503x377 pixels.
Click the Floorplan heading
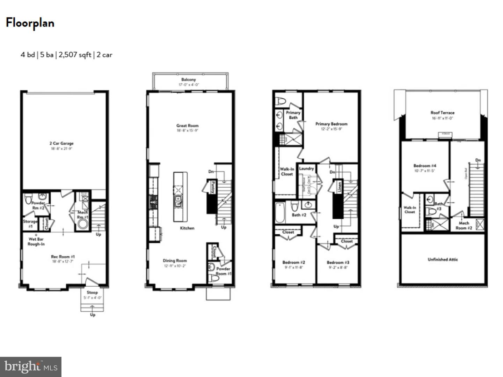pyautogui.click(x=30, y=23)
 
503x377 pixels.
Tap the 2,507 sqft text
pyautogui.click(x=75, y=55)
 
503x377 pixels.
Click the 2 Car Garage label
pyautogui.click(x=61, y=143)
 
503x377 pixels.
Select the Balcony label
pyautogui.click(x=189, y=80)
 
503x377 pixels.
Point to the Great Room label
pyautogui.click(x=187, y=126)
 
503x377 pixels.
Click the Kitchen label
pyautogui.click(x=187, y=228)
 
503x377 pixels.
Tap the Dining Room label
pyautogui.click(x=175, y=261)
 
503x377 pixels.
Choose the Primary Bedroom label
pyautogui.click(x=331, y=124)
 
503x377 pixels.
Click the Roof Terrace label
pyautogui.click(x=442, y=113)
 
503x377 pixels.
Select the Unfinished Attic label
pyautogui.click(x=443, y=259)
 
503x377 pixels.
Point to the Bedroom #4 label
pyautogui.click(x=425, y=166)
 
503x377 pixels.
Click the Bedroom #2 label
pyautogui.click(x=294, y=262)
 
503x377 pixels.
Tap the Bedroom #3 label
pyautogui.click(x=338, y=262)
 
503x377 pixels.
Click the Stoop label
pyautogui.click(x=92, y=293)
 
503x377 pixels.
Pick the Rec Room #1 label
pyautogui.click(x=63, y=257)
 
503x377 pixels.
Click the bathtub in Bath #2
pyautogui.click(x=280, y=212)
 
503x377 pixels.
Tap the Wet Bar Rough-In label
pyautogui.click(x=36, y=241)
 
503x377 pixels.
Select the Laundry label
pyautogui.click(x=306, y=168)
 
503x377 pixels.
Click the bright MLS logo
pyautogui.click(x=31, y=367)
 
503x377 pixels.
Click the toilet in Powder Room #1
pyautogui.click(x=213, y=278)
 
